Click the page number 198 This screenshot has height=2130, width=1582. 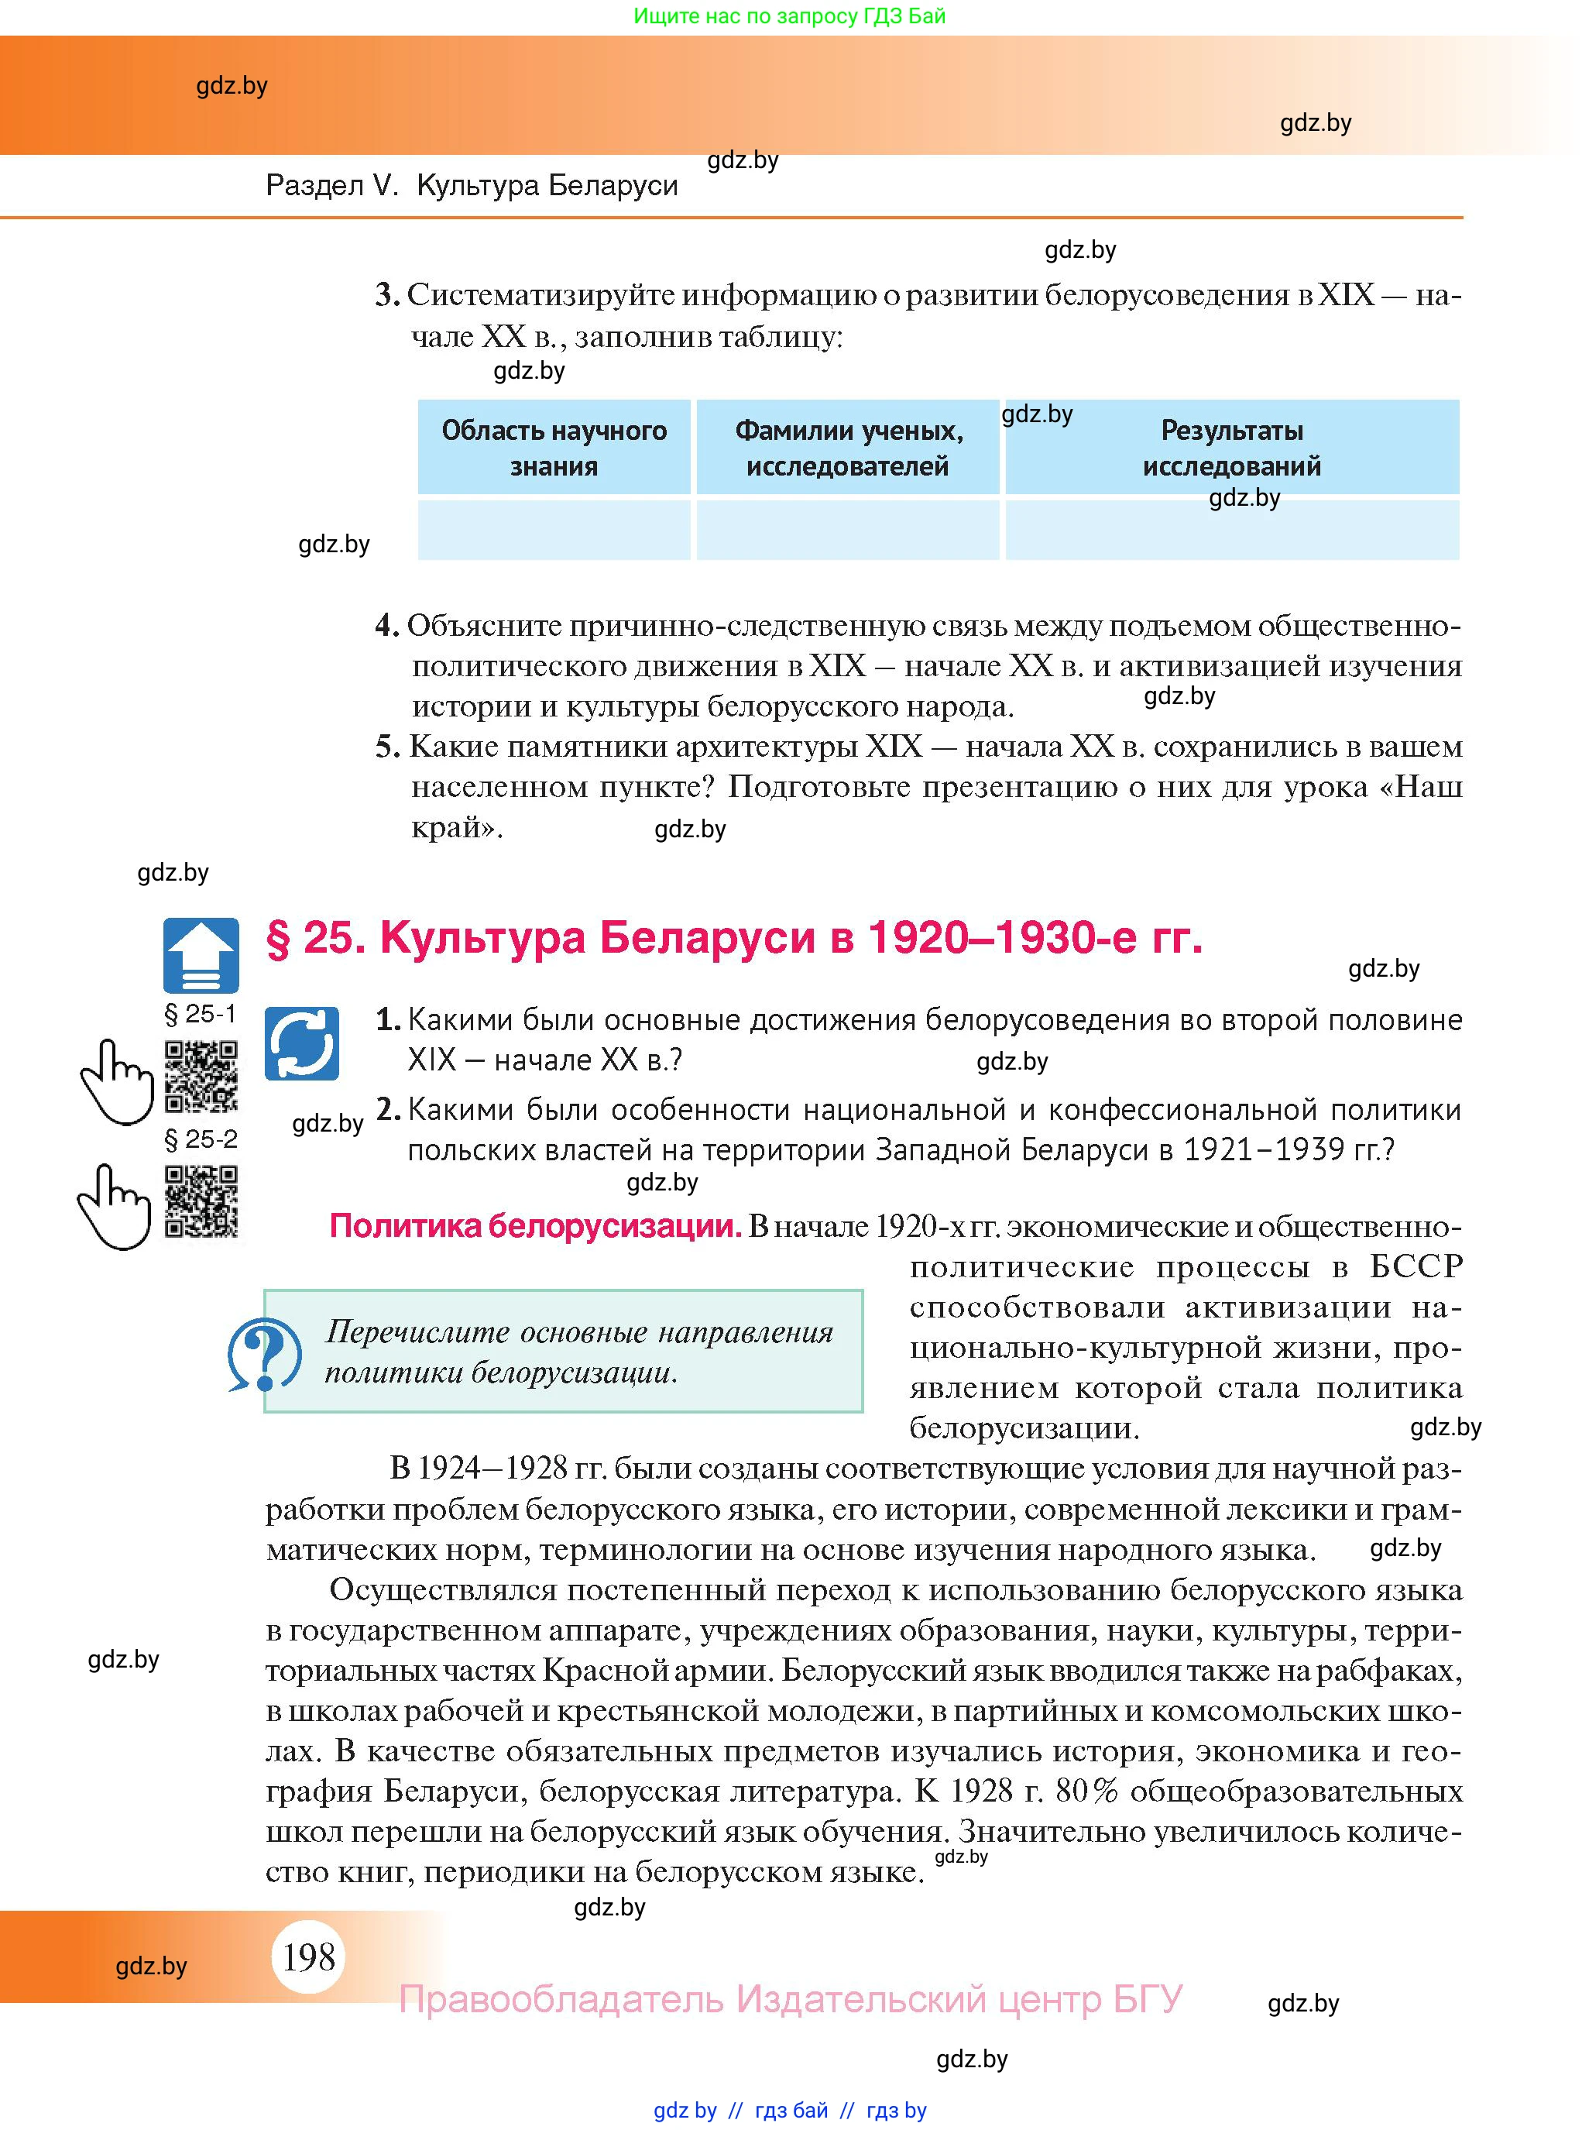click(x=308, y=1956)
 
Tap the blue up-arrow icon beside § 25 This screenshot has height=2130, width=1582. click(x=201, y=955)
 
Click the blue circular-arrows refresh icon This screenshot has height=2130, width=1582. click(x=302, y=1043)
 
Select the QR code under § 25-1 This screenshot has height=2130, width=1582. click(x=201, y=1077)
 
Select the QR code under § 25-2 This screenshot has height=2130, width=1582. click(x=201, y=1201)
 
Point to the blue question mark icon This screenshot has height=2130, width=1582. click(x=264, y=1353)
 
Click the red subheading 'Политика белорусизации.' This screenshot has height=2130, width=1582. click(x=535, y=1226)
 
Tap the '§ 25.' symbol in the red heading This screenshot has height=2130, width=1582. click(x=315, y=938)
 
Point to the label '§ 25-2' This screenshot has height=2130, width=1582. click(x=201, y=1139)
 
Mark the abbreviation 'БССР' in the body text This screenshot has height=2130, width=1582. click(x=1416, y=1266)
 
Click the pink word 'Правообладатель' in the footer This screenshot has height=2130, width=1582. click(x=561, y=1999)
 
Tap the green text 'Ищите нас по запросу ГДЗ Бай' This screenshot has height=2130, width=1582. click(x=790, y=15)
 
